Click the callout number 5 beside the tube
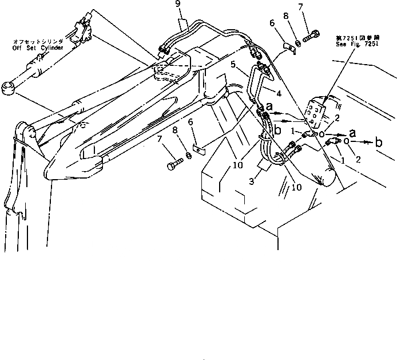234,65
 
